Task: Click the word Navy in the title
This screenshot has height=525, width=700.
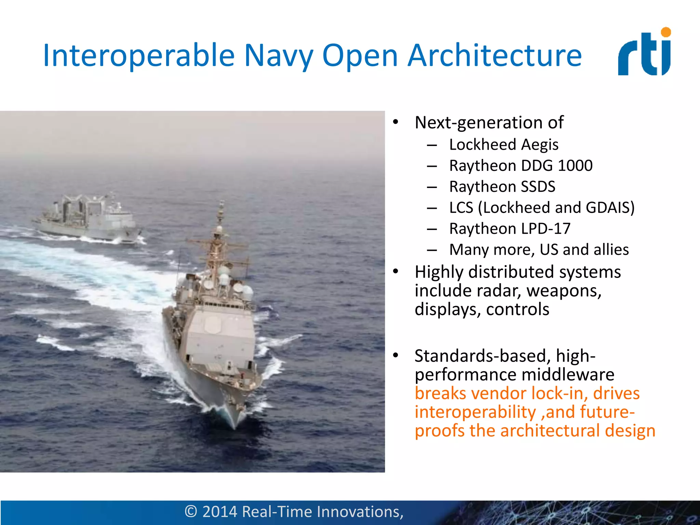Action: coord(279,55)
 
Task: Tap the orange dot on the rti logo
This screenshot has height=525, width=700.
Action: coord(666,32)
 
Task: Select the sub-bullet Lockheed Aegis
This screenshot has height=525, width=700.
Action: coord(503,145)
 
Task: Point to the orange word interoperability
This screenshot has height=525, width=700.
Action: coord(475,412)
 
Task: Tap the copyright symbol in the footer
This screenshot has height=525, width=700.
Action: coord(191,512)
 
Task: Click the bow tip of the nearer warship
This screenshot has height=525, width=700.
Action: coord(234,427)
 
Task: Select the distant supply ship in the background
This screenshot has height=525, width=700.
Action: coord(87,219)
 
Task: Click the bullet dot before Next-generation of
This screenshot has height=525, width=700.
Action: coord(396,122)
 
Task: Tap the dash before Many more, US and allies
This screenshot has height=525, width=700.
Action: coord(432,250)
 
